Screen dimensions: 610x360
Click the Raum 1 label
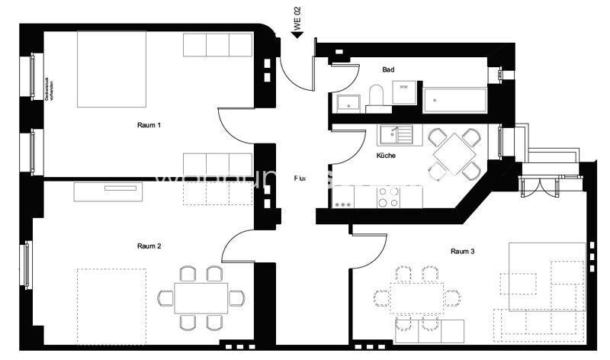tap(149, 124)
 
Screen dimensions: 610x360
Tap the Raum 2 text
tap(149, 246)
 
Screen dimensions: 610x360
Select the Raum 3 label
tap(463, 251)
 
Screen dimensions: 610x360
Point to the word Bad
tap(388, 69)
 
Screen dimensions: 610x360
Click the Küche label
tap(386, 156)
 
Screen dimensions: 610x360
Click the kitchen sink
tap(396, 135)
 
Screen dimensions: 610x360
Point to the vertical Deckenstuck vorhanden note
tap(47, 98)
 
